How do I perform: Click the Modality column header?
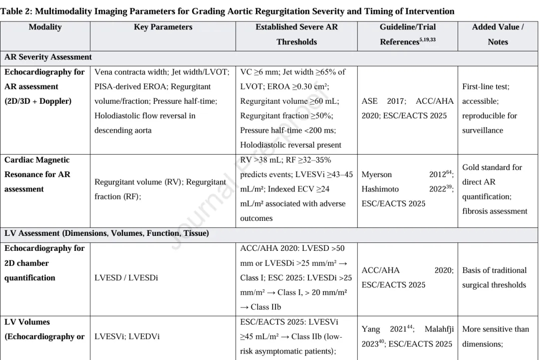[x=45, y=27]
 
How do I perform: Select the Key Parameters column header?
[x=163, y=27]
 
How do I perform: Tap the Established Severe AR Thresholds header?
[x=296, y=34]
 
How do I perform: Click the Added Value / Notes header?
[x=498, y=34]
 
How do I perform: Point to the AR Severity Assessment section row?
[x=49, y=57]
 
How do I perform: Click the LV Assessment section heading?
[x=106, y=233]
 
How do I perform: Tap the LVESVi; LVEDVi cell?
[x=127, y=337]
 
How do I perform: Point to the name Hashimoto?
[x=382, y=189]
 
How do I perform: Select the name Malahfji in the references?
[x=436, y=329]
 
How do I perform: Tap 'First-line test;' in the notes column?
[x=486, y=87]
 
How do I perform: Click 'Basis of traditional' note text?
[x=494, y=270]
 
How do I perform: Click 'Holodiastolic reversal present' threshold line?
[x=291, y=145]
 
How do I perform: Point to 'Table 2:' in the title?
[x=16, y=11]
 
